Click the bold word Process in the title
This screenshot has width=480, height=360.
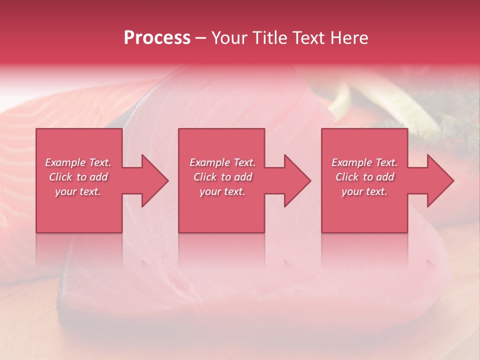157,38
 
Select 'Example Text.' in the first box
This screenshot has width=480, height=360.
78,162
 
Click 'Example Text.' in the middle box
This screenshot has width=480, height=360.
222,162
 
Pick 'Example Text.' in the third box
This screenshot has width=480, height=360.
364,162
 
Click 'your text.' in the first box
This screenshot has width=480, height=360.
78,191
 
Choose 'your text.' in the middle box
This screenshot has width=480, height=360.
222,191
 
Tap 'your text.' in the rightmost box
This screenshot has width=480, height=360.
364,191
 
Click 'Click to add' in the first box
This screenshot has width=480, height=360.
78,177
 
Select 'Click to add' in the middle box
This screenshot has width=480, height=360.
222,177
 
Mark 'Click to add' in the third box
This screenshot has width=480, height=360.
364,177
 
